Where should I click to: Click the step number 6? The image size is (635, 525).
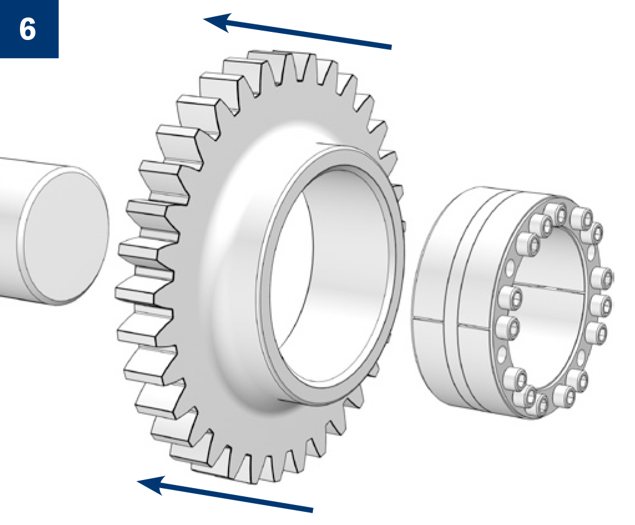(27, 29)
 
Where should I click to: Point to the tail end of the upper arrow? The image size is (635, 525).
(391, 47)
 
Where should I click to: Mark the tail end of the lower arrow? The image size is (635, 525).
(313, 509)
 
